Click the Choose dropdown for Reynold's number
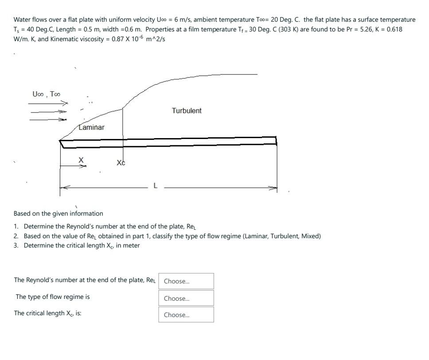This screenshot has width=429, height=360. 186,281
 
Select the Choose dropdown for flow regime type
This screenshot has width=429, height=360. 186,298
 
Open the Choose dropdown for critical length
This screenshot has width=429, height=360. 186,315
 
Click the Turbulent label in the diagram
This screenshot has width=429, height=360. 187,111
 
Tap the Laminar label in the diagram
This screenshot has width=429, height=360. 92,128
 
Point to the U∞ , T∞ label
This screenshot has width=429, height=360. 47,94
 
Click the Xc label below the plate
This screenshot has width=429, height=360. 121,163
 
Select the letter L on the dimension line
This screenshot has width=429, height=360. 155,186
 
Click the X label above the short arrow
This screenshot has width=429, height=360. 81,159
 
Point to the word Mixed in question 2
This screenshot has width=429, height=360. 310,236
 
